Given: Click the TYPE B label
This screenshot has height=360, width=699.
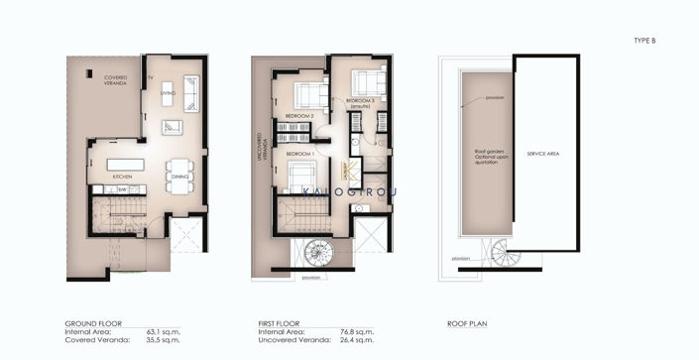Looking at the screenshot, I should (644, 40).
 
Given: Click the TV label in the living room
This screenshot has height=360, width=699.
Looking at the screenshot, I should (150, 76).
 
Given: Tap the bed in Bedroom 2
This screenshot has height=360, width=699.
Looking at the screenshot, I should (312, 96).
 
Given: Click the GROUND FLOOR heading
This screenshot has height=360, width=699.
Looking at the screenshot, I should (92, 324).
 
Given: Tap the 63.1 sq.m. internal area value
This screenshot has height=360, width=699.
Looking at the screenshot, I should (175, 332).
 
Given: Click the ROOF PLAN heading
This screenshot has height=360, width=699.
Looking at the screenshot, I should (466, 324).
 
